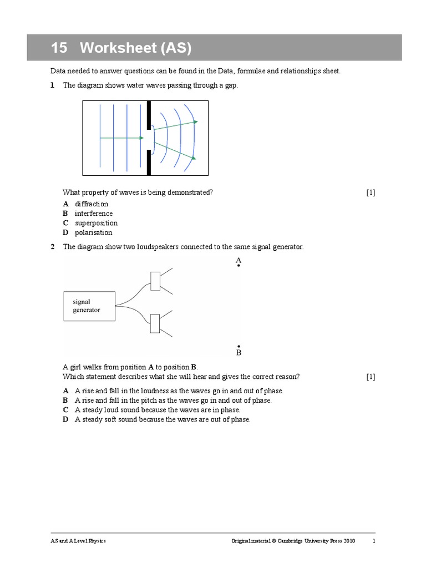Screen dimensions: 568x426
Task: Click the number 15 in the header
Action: pyautogui.click(x=59, y=48)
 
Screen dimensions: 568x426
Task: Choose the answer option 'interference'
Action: pyautogui.click(x=94, y=214)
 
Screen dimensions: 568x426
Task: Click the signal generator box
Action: pyautogui.click(x=89, y=306)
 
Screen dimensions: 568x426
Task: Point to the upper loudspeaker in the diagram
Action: pyautogui.click(x=155, y=281)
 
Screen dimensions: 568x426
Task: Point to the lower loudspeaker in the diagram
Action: pyautogui.click(x=155, y=324)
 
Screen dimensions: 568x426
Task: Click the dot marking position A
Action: pyautogui.click(x=239, y=266)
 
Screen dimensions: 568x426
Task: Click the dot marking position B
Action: pyautogui.click(x=239, y=346)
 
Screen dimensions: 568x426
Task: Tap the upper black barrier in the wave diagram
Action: pyautogui.click(x=149, y=115)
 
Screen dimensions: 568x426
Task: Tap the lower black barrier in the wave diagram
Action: pyautogui.click(x=149, y=162)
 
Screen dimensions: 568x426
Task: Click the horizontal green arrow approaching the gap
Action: pyautogui.click(x=122, y=138)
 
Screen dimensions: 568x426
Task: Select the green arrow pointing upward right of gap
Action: pyautogui.click(x=175, y=125)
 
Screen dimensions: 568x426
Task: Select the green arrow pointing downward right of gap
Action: pyautogui.click(x=175, y=151)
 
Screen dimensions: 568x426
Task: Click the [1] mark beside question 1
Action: pyautogui.click(x=371, y=192)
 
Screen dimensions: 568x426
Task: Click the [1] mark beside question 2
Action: pyautogui.click(x=371, y=377)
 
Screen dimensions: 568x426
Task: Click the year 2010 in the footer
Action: pyautogui.click(x=347, y=541)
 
